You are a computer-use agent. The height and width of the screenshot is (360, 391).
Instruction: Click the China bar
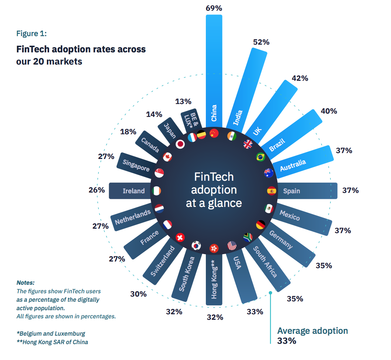coord(214,70)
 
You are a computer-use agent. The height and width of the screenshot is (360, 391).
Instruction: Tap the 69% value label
coord(214,8)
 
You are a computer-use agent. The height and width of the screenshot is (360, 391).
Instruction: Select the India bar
coord(248,89)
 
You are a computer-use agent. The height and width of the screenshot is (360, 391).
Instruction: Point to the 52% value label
coord(261,42)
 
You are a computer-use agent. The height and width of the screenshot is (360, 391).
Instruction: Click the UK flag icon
coord(248,144)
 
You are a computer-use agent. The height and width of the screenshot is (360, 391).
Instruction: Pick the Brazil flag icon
coord(261,157)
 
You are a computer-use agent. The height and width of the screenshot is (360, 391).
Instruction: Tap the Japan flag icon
coord(180,144)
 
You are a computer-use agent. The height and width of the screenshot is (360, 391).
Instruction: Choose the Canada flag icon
coord(167,157)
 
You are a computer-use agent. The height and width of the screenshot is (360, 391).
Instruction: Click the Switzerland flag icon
coord(180,237)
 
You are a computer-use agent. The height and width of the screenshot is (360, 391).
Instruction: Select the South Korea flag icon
coord(196,245)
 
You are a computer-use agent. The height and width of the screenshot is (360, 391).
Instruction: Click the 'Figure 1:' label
coord(31,34)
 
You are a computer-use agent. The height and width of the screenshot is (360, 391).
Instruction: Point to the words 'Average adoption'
coord(312,330)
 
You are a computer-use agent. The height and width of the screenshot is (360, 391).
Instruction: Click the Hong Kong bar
coord(214,280)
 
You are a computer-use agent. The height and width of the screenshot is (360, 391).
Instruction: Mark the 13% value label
coord(183,101)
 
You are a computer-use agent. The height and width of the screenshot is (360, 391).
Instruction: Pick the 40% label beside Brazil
coord(329,111)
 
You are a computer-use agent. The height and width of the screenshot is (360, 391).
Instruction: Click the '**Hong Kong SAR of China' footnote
coord(52,342)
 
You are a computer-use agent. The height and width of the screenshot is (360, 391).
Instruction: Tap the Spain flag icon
coord(271,191)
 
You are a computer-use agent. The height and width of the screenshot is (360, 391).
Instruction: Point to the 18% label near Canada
coord(128,132)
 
